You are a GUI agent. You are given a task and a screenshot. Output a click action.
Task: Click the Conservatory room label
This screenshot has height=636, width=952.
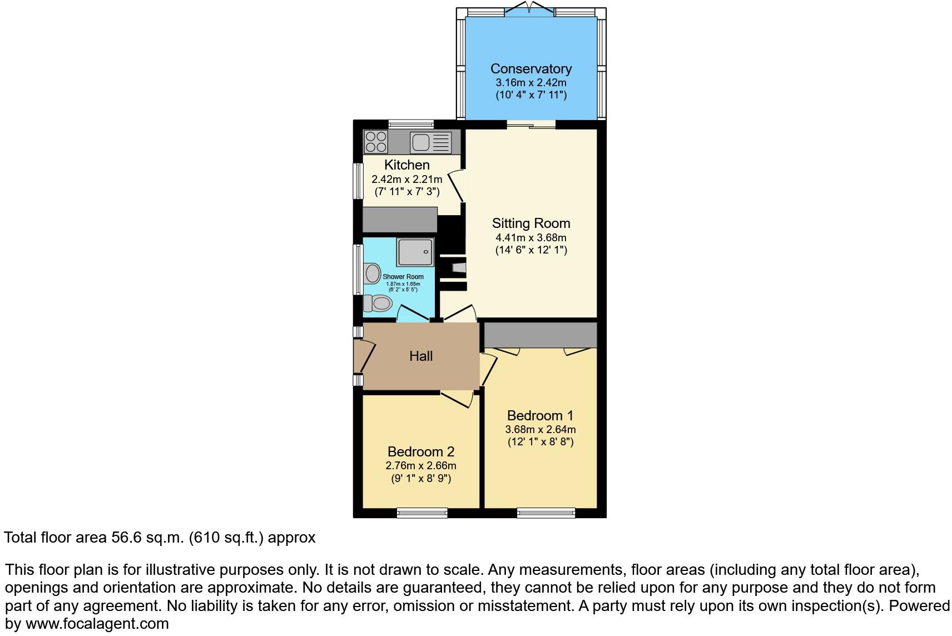[x=530, y=69]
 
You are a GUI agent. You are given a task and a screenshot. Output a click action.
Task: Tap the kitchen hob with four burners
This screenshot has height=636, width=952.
[x=376, y=142]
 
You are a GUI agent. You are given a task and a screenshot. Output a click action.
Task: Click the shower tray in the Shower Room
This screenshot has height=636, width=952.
[x=415, y=252]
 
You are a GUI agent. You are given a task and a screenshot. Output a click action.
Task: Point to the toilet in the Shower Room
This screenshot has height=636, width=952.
[x=378, y=304]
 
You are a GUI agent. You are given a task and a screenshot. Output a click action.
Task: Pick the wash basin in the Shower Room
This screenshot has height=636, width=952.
[x=371, y=273]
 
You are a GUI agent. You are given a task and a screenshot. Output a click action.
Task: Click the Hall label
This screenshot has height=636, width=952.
[x=421, y=356]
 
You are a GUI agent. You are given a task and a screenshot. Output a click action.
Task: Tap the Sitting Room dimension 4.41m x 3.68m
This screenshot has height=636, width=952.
[x=530, y=238]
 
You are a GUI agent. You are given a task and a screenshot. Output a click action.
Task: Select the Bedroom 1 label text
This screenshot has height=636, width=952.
[x=540, y=416]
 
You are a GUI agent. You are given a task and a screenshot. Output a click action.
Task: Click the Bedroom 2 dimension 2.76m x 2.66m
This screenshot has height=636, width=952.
[x=421, y=466]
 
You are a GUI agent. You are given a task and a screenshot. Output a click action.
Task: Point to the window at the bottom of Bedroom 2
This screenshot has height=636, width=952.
[x=422, y=513]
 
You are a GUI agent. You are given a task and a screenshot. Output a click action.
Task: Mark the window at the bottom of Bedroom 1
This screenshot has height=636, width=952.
[x=546, y=513]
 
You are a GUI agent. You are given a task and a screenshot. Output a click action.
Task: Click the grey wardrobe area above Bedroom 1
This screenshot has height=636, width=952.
[x=540, y=335]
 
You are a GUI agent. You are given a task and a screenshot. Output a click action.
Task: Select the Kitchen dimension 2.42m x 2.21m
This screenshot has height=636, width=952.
[x=406, y=179]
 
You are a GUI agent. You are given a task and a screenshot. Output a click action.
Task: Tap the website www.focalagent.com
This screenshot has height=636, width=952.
[x=97, y=624]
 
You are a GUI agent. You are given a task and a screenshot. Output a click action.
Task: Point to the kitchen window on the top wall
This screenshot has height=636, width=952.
[x=411, y=123]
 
